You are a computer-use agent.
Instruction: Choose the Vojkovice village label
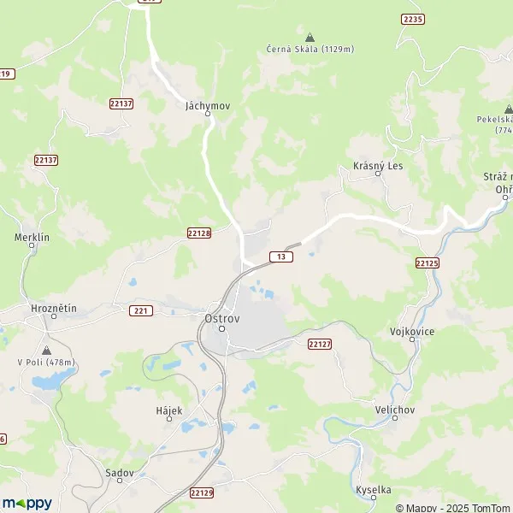pyautogui.click(x=412, y=330)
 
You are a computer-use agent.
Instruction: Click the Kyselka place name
pyautogui.click(x=374, y=490)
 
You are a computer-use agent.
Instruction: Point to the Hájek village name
pyautogui.click(x=169, y=410)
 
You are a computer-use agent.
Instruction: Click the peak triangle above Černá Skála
pyautogui.click(x=310, y=38)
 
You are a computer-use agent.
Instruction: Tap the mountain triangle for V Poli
pyautogui.click(x=46, y=351)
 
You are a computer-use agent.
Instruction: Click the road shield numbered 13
pyautogui.click(x=280, y=256)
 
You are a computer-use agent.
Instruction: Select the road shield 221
pyautogui.click(x=142, y=310)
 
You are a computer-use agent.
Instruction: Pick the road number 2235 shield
pyautogui.click(x=412, y=19)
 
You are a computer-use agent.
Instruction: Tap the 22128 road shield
pyautogui.click(x=198, y=233)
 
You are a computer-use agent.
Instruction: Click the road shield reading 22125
pyautogui.click(x=427, y=263)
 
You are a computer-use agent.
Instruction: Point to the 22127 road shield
pyautogui.click(x=320, y=343)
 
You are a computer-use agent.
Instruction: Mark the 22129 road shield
pyautogui.click(x=201, y=493)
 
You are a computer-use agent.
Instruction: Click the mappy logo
pyautogui.click(x=27, y=503)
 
